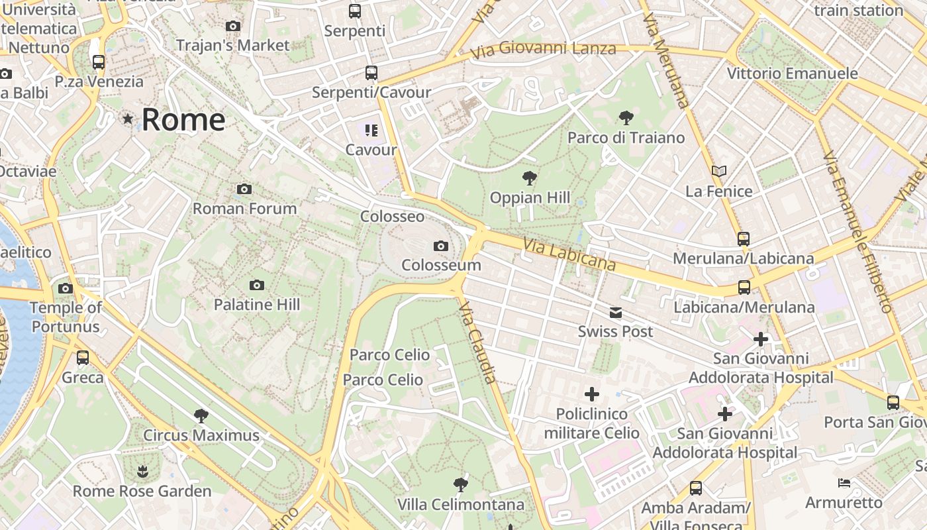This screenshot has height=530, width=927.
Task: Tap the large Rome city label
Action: tap(183, 120)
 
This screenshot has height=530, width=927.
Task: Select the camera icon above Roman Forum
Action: tap(244, 189)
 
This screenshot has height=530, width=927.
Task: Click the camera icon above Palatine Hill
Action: tap(257, 286)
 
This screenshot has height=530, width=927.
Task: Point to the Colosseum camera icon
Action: tap(441, 246)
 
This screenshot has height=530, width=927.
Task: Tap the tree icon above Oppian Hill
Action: tap(529, 178)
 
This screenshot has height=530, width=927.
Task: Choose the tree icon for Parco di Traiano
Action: tap(626, 119)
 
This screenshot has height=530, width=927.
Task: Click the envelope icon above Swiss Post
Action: tap(616, 313)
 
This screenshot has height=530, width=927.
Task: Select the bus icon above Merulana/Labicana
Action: tap(744, 239)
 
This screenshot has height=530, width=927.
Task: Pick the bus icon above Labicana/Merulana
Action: tap(744, 288)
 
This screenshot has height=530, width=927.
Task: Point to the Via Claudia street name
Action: tap(477, 343)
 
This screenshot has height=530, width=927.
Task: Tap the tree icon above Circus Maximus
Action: tap(201, 416)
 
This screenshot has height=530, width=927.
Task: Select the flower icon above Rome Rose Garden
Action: tap(142, 472)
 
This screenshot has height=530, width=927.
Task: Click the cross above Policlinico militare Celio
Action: tap(592, 395)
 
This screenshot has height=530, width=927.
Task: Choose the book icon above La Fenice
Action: tap(719, 172)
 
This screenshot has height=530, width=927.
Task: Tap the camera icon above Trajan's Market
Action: tap(233, 26)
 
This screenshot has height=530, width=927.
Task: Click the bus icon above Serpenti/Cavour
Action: tap(371, 74)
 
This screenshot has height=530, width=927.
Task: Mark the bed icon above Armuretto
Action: tap(844, 483)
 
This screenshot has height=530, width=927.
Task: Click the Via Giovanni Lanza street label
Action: tap(543, 49)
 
